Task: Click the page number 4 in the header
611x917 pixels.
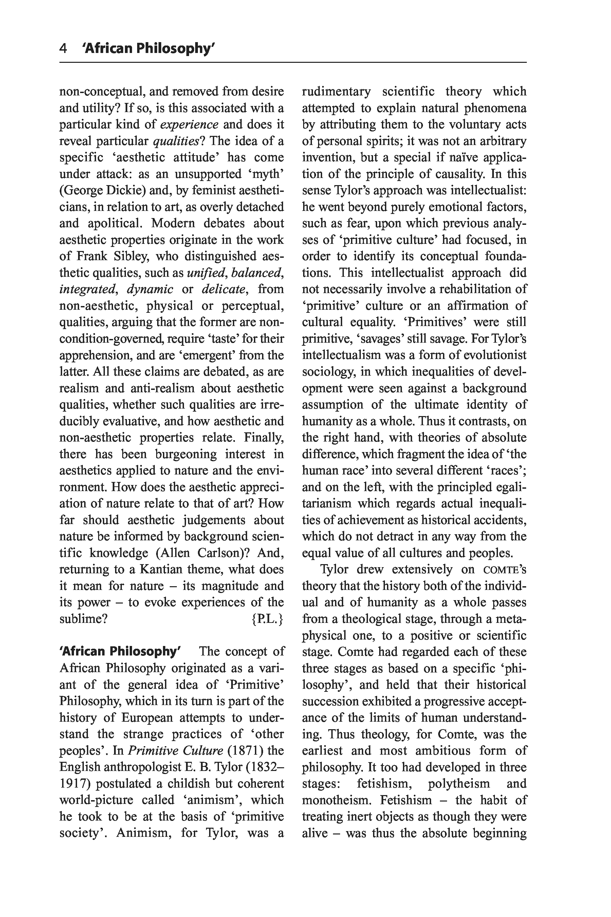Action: pyautogui.click(x=63, y=48)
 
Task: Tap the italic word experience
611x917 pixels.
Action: pyautogui.click(x=189, y=124)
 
